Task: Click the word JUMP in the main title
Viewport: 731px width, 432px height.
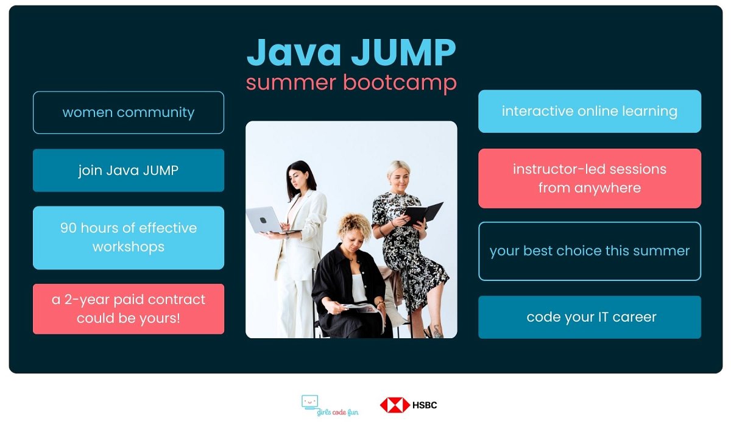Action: pyautogui.click(x=403, y=54)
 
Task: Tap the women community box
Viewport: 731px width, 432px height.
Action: pyautogui.click(x=129, y=113)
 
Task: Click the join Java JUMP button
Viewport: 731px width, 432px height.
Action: pyautogui.click(x=129, y=171)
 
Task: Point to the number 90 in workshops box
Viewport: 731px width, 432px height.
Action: pyautogui.click(x=68, y=228)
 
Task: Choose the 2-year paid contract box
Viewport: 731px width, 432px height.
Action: pyautogui.click(x=129, y=309)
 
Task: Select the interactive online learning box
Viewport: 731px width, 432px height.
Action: pyautogui.click(x=589, y=112)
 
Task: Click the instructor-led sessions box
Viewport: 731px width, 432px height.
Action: pyautogui.click(x=589, y=179)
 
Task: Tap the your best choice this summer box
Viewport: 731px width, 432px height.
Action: pyautogui.click(x=589, y=251)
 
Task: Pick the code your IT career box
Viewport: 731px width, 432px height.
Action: pyautogui.click(x=589, y=317)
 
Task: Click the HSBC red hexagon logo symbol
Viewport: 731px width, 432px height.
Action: pyautogui.click(x=394, y=405)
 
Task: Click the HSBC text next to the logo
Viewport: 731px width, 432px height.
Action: pyautogui.click(x=425, y=405)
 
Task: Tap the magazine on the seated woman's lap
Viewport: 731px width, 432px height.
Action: pyautogui.click(x=359, y=308)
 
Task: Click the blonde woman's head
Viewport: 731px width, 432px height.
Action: pyautogui.click(x=398, y=174)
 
